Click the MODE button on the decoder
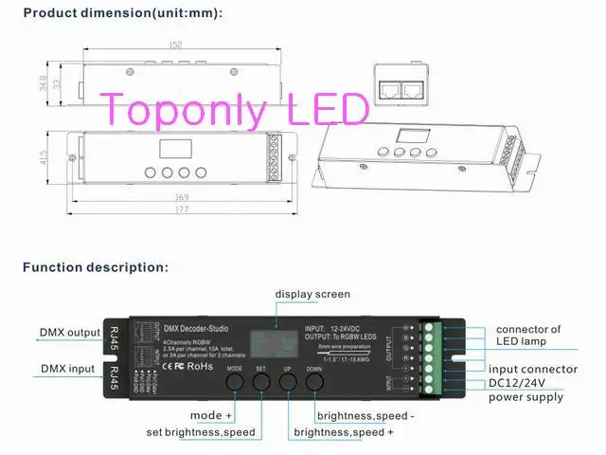(236, 383)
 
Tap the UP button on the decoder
(289, 383)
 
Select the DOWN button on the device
(315, 383)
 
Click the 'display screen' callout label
(312, 294)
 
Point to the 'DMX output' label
(70, 333)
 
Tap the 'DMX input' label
(67, 368)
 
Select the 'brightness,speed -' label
(365, 416)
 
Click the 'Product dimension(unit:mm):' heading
(122, 12)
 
